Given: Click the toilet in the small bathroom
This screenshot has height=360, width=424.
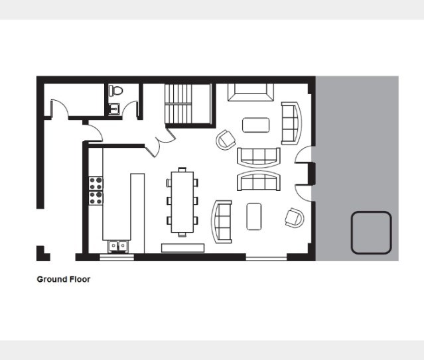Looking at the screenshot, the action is (115, 90).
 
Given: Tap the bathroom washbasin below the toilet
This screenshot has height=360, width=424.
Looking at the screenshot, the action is (114, 109).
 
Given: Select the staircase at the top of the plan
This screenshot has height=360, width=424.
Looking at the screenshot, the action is (188, 104).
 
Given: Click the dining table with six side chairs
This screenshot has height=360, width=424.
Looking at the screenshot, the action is (182, 202).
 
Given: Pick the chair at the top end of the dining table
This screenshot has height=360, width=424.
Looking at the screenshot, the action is (182, 170).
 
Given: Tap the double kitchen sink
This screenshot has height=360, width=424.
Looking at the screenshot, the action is (118, 246).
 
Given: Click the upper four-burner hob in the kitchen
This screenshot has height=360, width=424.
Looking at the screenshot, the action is (96, 183).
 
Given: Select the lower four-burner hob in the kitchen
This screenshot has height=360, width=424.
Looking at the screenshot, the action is (96, 198).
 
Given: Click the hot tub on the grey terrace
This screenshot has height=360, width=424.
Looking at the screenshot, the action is (372, 233).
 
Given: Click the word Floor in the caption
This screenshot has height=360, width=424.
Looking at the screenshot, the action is (80, 279).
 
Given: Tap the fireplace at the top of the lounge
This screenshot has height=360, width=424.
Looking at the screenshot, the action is (251, 92).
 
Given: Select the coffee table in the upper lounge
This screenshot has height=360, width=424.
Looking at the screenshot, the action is (256, 125).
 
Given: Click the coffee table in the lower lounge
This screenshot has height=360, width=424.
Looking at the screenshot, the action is (254, 217).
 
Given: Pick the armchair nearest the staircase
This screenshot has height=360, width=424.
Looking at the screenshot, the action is (226, 140).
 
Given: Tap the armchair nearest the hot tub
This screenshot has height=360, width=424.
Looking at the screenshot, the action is (295, 218).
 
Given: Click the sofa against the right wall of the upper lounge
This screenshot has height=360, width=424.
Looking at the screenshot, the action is (291, 123).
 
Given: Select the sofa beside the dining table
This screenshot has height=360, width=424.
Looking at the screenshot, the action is (222, 222).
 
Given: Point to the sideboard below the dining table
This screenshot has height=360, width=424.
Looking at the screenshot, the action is (182, 248).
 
